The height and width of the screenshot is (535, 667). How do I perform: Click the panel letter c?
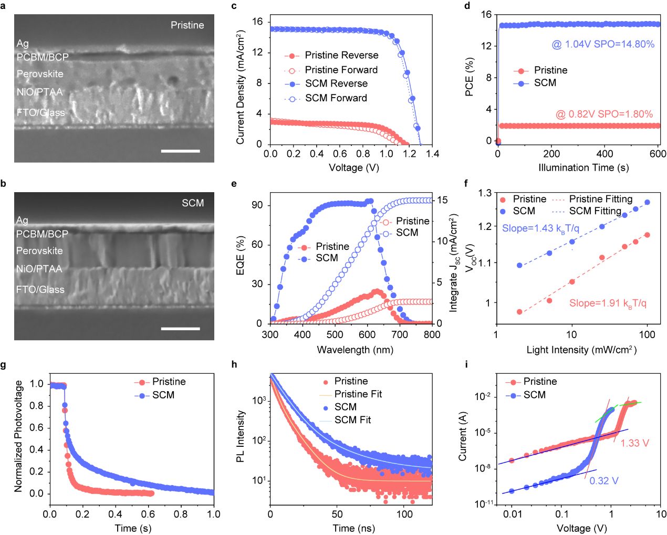pos(234,6)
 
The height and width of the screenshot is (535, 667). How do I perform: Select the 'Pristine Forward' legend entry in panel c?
pos(341,70)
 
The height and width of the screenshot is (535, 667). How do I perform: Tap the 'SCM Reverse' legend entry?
pos(336,83)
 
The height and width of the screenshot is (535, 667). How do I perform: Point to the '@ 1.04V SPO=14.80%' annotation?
pos(603,44)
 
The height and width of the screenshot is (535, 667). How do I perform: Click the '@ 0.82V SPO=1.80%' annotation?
pos(604,114)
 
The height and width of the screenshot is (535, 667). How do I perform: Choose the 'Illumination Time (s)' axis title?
pos(583,167)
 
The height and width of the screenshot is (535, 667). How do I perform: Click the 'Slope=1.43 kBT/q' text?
pos(540,228)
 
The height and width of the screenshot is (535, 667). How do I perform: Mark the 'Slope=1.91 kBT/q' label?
pos(608,303)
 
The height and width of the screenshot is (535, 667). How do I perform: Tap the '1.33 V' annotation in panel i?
pos(634,443)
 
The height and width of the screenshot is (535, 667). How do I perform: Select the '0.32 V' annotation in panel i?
pos(603,480)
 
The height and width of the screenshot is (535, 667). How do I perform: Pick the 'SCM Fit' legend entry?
pos(352,420)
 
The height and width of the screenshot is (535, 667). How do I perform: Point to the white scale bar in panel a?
pos(180,151)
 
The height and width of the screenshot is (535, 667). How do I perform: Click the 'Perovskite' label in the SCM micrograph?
pos(39,251)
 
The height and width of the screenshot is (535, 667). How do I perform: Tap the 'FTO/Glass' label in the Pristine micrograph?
pos(41,112)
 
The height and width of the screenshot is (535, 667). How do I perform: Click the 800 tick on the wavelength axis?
pos(432,334)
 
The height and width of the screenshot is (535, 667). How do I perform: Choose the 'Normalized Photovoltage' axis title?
pos(19,436)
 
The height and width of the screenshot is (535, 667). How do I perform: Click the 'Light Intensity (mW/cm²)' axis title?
pos(581,350)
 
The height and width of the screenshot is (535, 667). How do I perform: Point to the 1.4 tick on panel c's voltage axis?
pos(432,154)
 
